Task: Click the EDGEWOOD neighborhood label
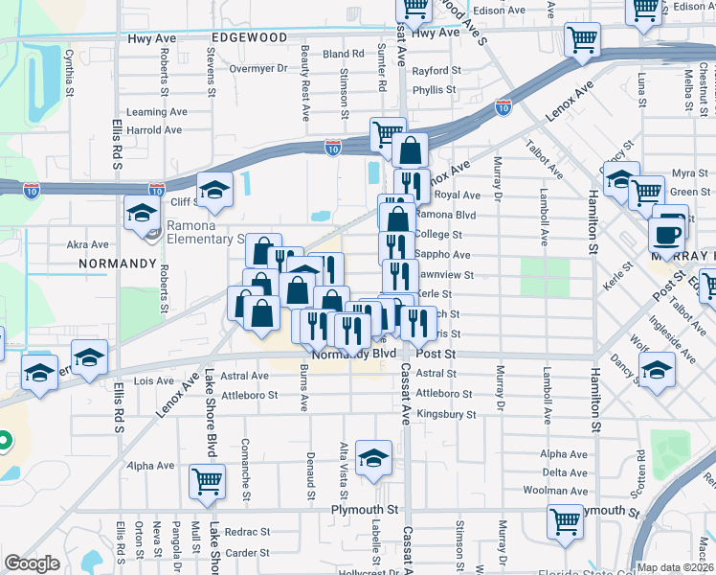(x=249, y=36)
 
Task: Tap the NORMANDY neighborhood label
(x=119, y=262)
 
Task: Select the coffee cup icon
(x=666, y=232)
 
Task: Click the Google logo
(x=32, y=563)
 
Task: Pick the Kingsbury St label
(x=445, y=414)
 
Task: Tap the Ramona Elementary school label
(x=205, y=232)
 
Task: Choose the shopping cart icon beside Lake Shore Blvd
(x=207, y=482)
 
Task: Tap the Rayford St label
(x=436, y=71)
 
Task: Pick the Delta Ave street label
(x=564, y=472)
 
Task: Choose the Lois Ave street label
(x=154, y=380)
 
